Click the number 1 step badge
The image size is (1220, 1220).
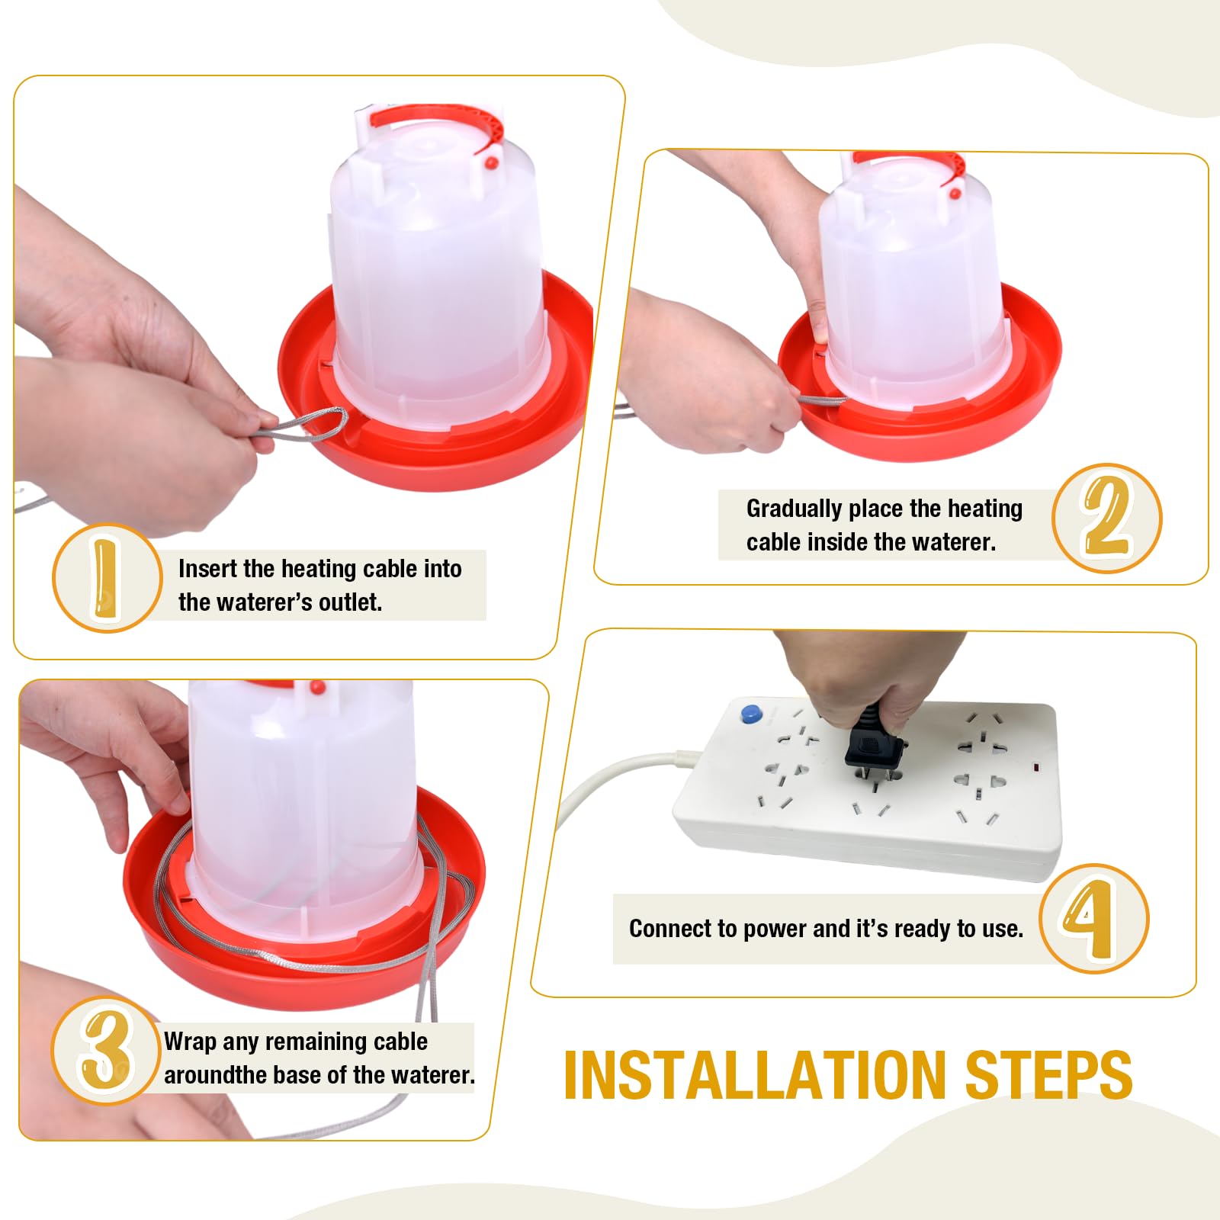click(x=107, y=578)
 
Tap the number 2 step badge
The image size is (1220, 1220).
click(x=1106, y=518)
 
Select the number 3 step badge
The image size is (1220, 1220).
click(x=105, y=1050)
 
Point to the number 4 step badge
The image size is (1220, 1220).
click(x=1093, y=918)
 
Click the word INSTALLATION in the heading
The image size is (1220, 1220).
click(x=754, y=1075)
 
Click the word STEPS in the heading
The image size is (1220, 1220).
click(x=1048, y=1075)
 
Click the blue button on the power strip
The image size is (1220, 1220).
click(x=750, y=714)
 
